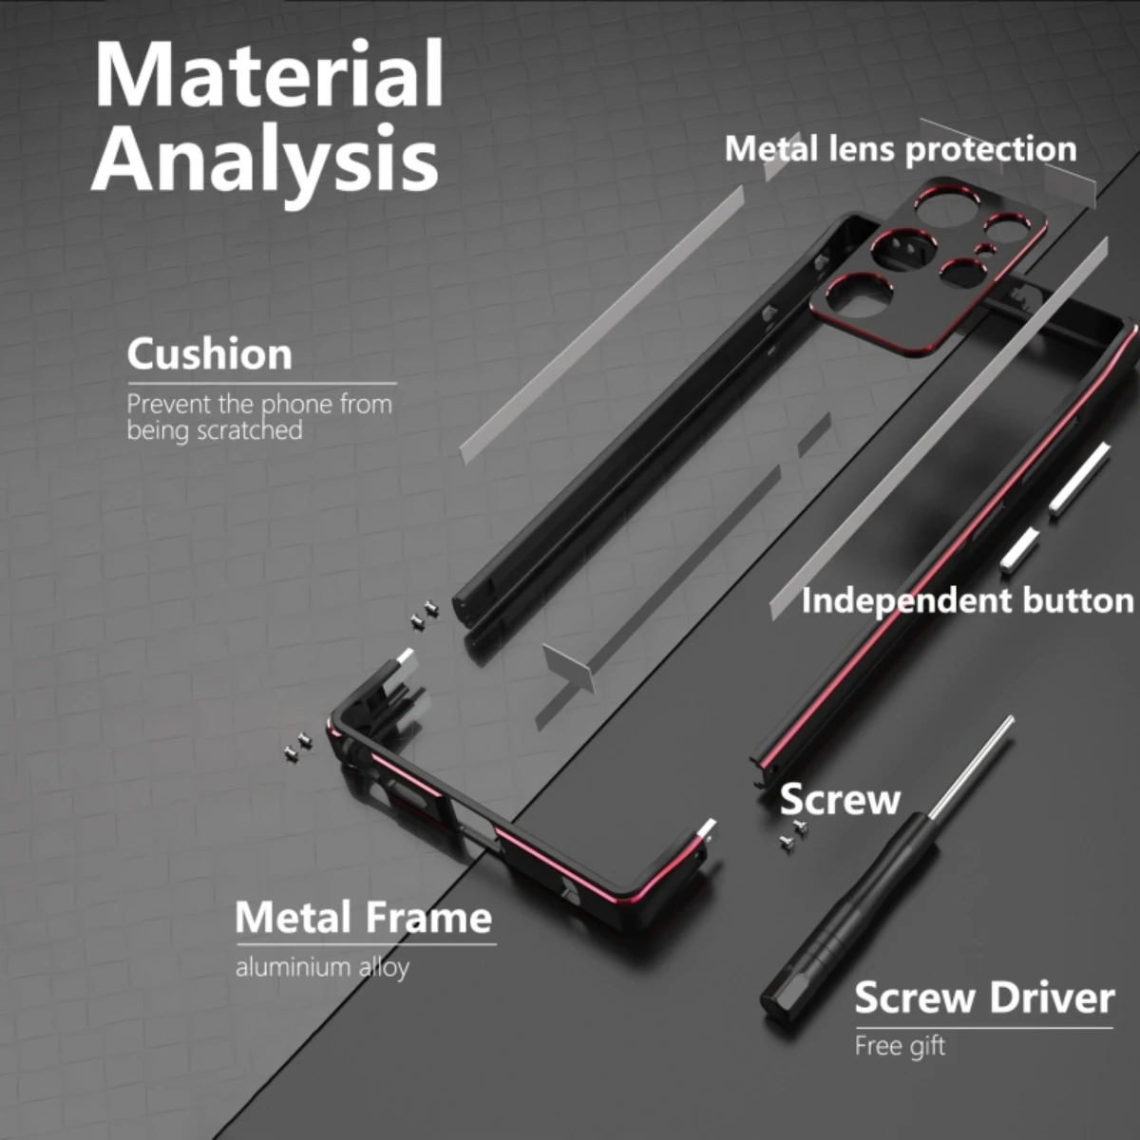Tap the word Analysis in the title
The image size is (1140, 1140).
click(x=265, y=159)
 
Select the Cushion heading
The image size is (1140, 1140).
click(x=210, y=353)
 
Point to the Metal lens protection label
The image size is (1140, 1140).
click(x=901, y=148)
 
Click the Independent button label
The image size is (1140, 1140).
click(x=968, y=601)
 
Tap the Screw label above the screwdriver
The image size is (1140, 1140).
click(x=840, y=799)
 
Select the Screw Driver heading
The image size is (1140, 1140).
click(x=984, y=997)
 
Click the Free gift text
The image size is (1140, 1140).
click(x=900, y=1046)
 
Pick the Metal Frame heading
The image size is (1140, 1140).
click(x=363, y=918)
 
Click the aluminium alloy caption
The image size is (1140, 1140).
click(x=322, y=967)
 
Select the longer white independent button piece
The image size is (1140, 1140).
click(x=1079, y=478)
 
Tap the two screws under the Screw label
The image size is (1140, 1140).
click(x=792, y=835)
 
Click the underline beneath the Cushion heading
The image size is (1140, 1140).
click(x=262, y=384)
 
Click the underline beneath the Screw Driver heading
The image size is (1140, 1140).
click(x=984, y=1028)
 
